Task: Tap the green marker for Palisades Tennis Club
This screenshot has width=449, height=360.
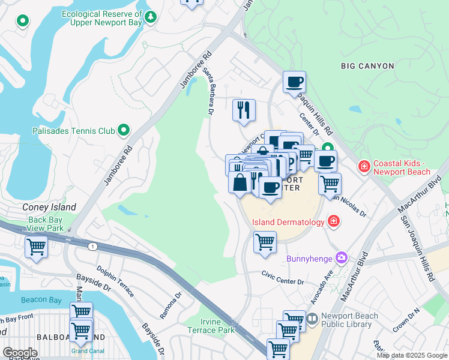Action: (124, 130)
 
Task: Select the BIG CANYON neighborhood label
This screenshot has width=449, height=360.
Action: (367, 66)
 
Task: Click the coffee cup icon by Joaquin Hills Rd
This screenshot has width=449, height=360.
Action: (294, 82)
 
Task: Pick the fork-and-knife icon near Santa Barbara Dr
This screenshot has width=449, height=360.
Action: (244, 110)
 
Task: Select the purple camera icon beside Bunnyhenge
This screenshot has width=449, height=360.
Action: (342, 257)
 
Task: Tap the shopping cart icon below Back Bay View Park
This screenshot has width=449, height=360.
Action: (36, 247)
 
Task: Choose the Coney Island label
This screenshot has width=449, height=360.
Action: (49, 207)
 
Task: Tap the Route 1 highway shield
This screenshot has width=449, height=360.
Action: (92, 247)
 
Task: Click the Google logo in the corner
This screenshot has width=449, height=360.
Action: (19, 353)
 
